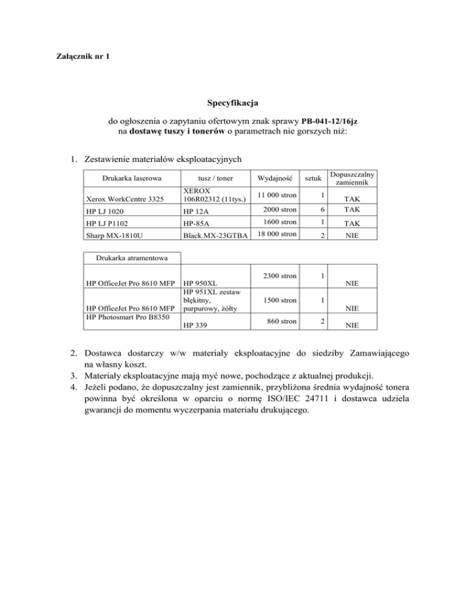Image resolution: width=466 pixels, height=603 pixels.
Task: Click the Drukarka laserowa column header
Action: point(125,179)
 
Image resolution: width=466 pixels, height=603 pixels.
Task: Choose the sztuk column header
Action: point(312,179)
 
